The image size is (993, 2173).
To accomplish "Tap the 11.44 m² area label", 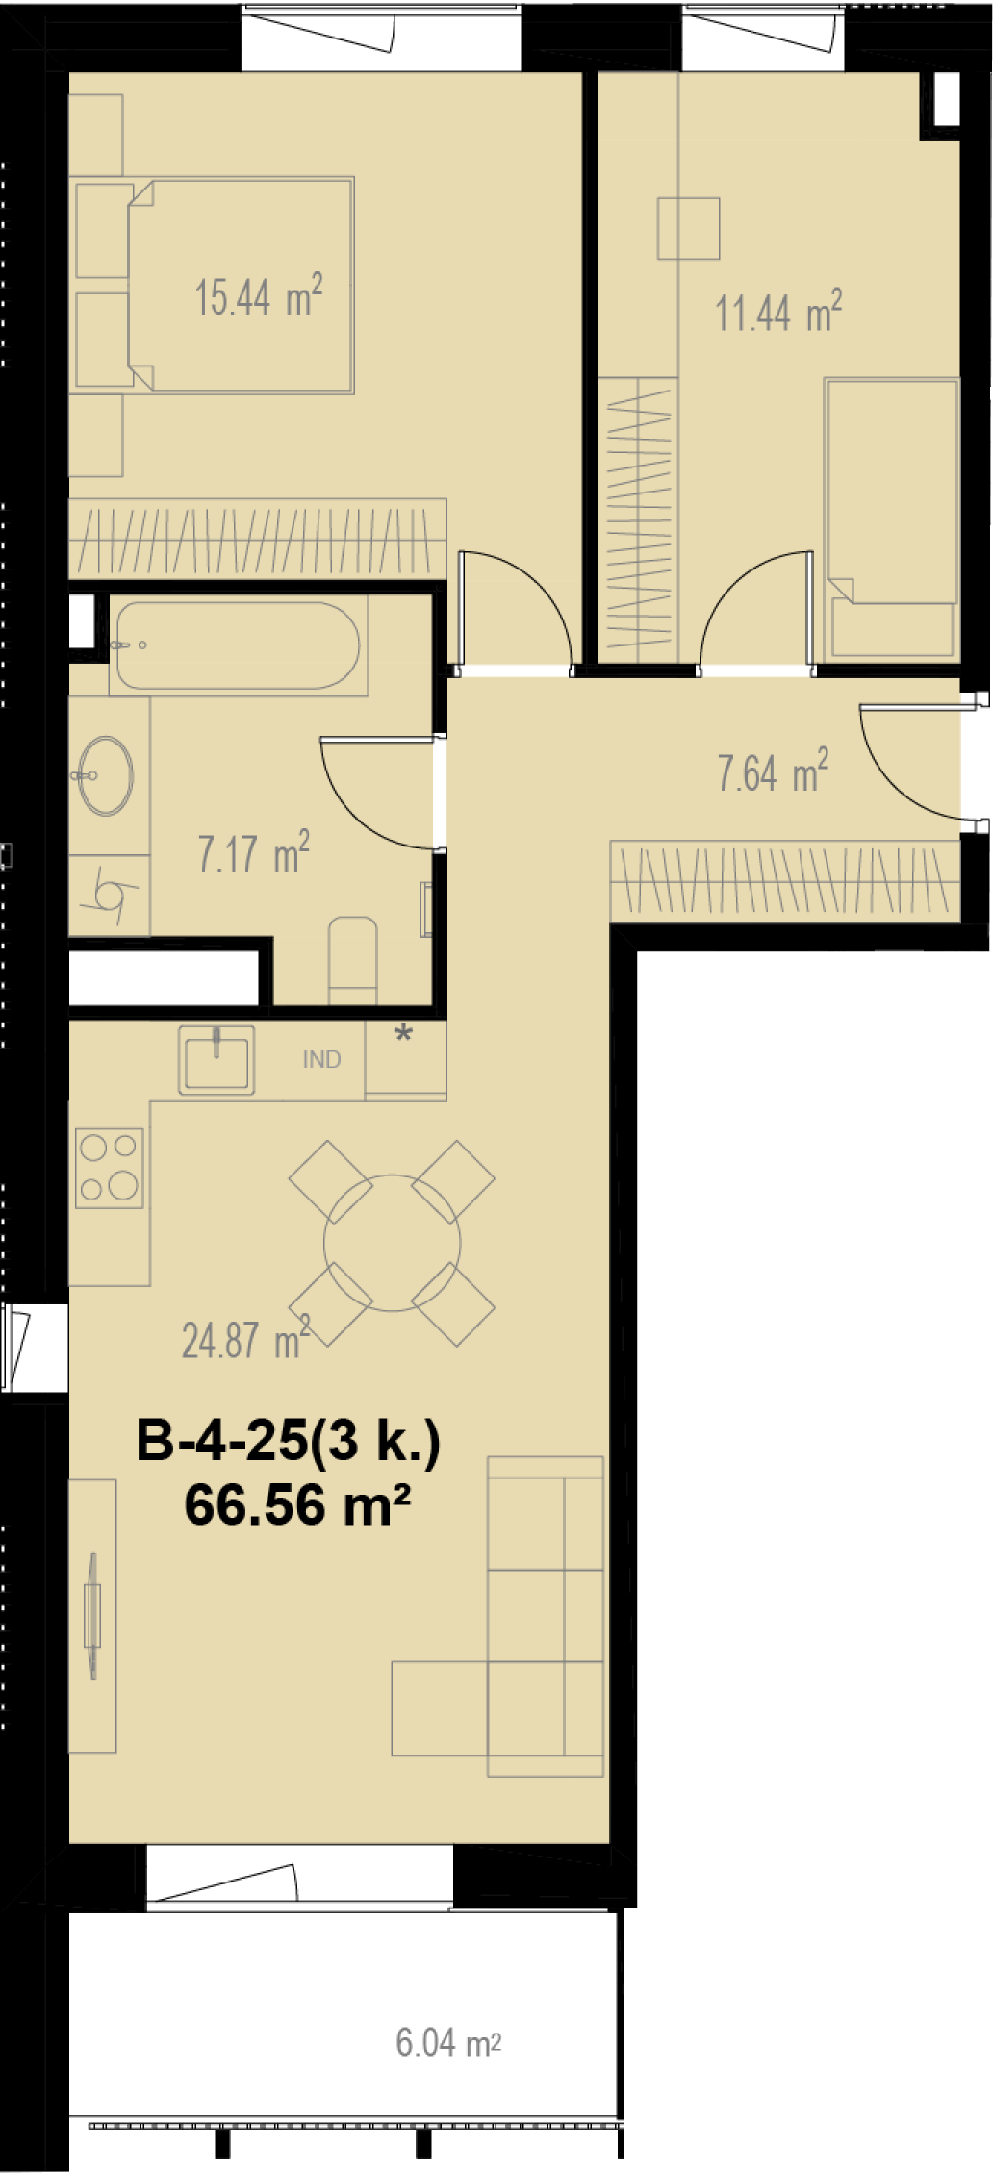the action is (x=778, y=312).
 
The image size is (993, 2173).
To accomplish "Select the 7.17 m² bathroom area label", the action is (x=254, y=852).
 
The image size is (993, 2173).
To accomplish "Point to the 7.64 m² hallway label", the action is (x=773, y=771).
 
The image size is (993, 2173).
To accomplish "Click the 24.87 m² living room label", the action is (x=245, y=1339).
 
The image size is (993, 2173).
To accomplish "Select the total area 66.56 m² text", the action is (x=297, y=1504).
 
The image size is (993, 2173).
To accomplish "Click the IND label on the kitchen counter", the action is (x=321, y=1059).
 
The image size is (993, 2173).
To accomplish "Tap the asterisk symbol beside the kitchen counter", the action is (x=404, y=1035).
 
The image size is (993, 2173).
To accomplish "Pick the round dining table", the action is (x=392, y=1243).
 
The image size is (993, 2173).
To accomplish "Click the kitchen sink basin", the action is (x=216, y=1060).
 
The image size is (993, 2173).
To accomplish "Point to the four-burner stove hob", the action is (x=110, y=1168).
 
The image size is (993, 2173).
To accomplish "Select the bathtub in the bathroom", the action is (x=237, y=645).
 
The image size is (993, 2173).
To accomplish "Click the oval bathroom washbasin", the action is (x=105, y=775).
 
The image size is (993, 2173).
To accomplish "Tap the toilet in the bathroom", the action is (x=353, y=960).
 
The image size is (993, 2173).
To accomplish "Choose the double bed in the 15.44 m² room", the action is (x=241, y=285).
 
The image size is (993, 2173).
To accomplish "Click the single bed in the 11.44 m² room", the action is (x=892, y=518).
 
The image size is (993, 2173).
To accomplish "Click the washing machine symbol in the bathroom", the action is (x=109, y=895).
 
